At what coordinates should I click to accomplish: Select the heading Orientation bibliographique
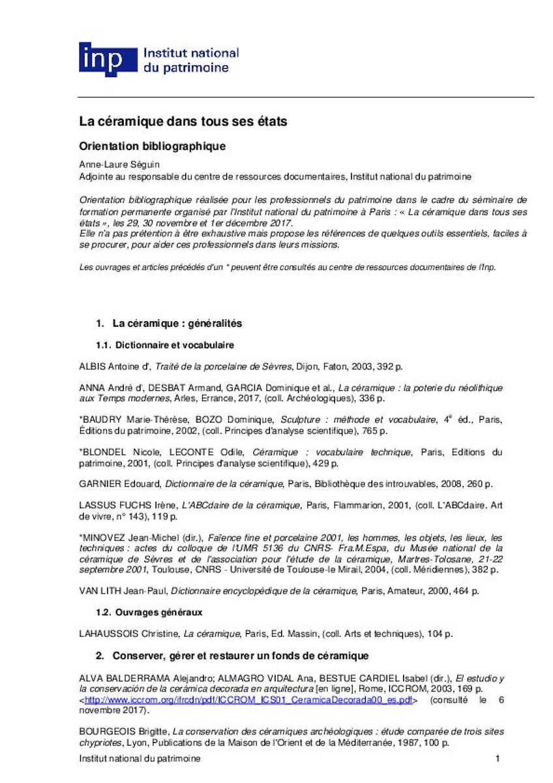153,146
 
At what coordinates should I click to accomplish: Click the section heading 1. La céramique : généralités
168,323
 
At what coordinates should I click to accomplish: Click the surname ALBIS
92,367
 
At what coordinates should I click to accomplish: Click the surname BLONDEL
100,452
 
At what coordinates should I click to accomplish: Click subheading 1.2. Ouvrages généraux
149,612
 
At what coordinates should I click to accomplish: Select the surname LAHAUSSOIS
108,633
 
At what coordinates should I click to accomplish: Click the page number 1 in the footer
498,758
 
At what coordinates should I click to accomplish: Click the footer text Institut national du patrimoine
140,758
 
